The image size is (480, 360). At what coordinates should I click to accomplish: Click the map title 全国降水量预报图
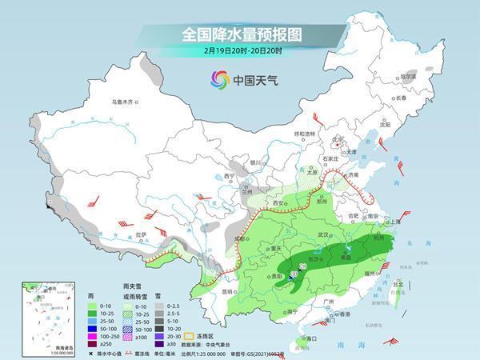[239, 35]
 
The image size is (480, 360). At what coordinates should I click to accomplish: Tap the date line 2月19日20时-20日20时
[240, 51]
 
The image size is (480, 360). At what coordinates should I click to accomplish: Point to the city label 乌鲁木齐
[125, 102]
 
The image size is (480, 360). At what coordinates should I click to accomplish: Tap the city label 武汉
[323, 234]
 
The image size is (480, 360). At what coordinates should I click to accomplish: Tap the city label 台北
[398, 283]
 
